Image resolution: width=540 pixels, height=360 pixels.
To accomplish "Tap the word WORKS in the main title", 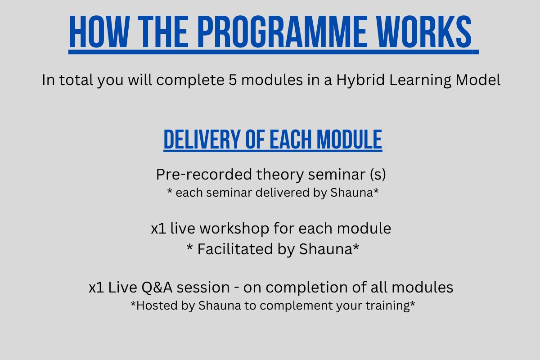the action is click(424, 31).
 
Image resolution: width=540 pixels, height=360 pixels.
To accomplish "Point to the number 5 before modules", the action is click(233, 80).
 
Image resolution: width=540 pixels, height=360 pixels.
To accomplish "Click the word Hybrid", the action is click(360, 80).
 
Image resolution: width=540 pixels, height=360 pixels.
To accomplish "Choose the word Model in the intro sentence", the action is click(478, 80).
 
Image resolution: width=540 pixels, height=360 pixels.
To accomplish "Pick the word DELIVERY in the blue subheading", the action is click(202, 139).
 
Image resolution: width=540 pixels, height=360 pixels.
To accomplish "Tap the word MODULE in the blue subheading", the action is click(349, 139).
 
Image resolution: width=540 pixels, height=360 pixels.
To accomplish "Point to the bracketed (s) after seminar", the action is click(378, 174).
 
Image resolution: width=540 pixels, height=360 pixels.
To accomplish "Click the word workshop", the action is click(234, 228).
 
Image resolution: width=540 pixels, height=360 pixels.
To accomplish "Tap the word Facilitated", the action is click(235, 249).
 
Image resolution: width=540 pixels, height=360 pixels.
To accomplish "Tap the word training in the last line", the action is click(387, 306).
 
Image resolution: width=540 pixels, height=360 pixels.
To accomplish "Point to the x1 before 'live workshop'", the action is click(158, 228).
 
